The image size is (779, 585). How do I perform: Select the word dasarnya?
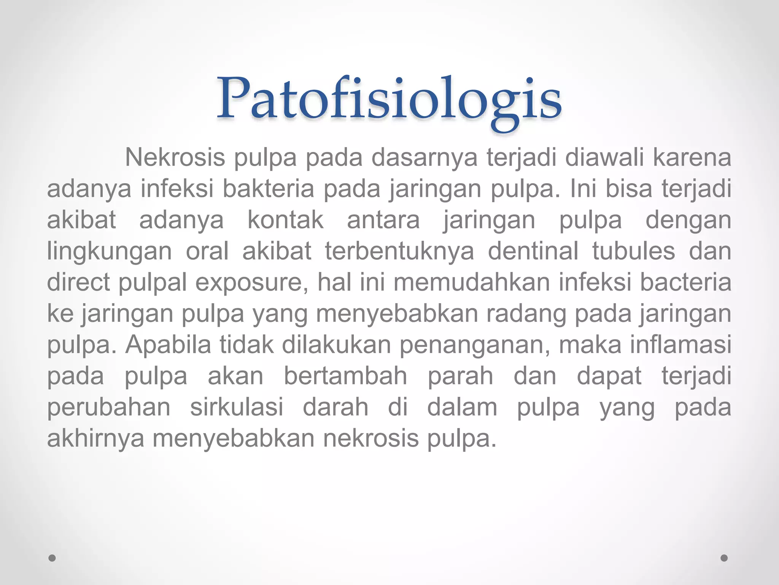point(424,157)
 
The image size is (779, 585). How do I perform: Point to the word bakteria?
point(268,189)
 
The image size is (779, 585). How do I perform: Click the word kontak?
point(285,220)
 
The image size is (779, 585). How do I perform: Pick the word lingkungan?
point(109,251)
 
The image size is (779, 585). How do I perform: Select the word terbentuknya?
point(399,251)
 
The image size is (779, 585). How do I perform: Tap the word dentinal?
point(533,251)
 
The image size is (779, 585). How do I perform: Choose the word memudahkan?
point(472,282)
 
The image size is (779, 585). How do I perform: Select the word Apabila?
point(168,345)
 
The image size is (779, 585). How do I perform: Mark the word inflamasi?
point(680,345)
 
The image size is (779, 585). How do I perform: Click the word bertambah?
point(345,376)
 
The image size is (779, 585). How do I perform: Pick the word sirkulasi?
point(237,407)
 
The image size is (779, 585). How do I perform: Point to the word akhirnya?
point(95,438)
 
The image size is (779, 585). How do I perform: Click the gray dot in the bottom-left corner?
point(52,558)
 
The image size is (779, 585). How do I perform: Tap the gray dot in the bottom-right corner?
point(724,558)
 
